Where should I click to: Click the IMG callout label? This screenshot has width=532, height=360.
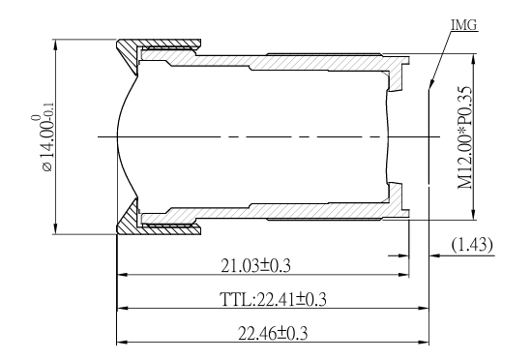463,25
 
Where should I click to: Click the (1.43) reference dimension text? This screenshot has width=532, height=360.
472,244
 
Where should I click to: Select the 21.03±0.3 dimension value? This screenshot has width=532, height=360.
255,266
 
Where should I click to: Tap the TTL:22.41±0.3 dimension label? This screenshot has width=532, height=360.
273,299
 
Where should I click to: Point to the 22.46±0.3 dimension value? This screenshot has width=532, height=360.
273,333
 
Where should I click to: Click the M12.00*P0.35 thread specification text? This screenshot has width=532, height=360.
465,137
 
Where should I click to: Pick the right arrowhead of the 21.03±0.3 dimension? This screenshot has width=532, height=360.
404,275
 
